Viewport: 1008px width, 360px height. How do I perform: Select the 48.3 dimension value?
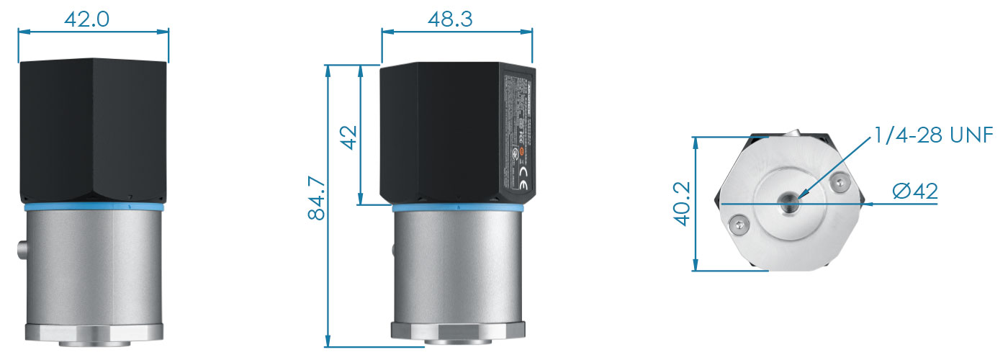(x=450, y=19)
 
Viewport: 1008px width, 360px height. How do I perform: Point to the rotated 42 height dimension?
(x=349, y=135)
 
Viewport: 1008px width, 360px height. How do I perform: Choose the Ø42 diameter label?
(x=914, y=192)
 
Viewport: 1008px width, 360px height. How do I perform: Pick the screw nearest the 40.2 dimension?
(x=737, y=228)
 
